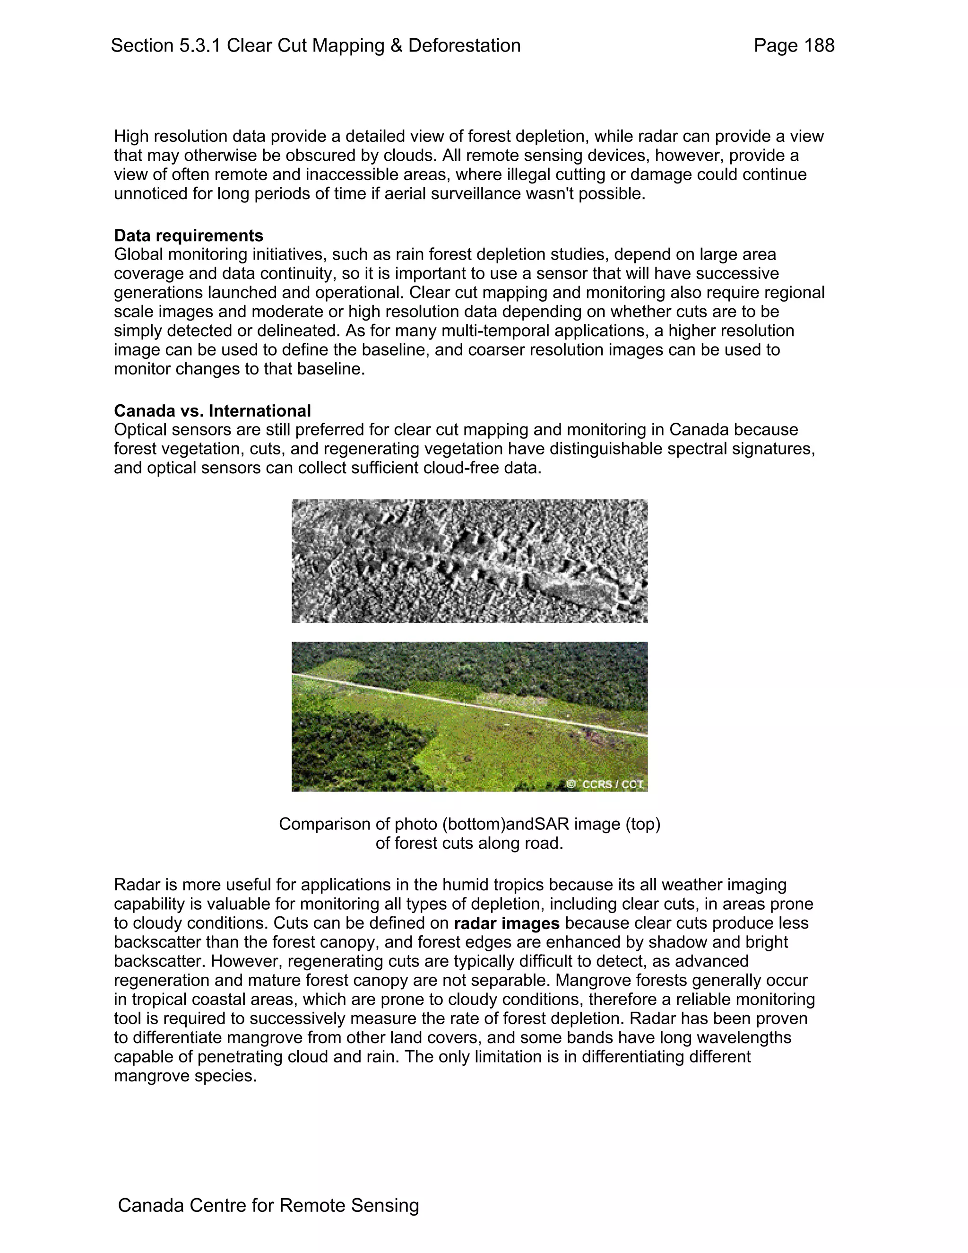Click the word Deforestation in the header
464,46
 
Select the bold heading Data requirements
188,236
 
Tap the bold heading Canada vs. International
212,411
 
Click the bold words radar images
506,924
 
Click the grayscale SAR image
469,561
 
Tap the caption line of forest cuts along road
469,844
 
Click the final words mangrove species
185,1076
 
